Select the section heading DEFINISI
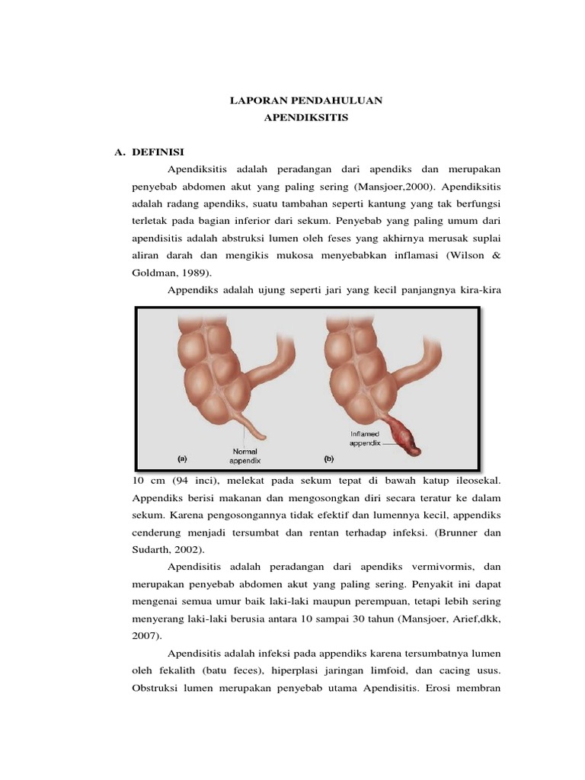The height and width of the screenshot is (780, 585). click(158, 152)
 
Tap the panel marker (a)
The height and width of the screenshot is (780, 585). click(182, 459)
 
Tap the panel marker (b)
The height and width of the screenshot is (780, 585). click(329, 459)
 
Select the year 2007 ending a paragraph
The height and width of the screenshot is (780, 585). click(146, 635)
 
